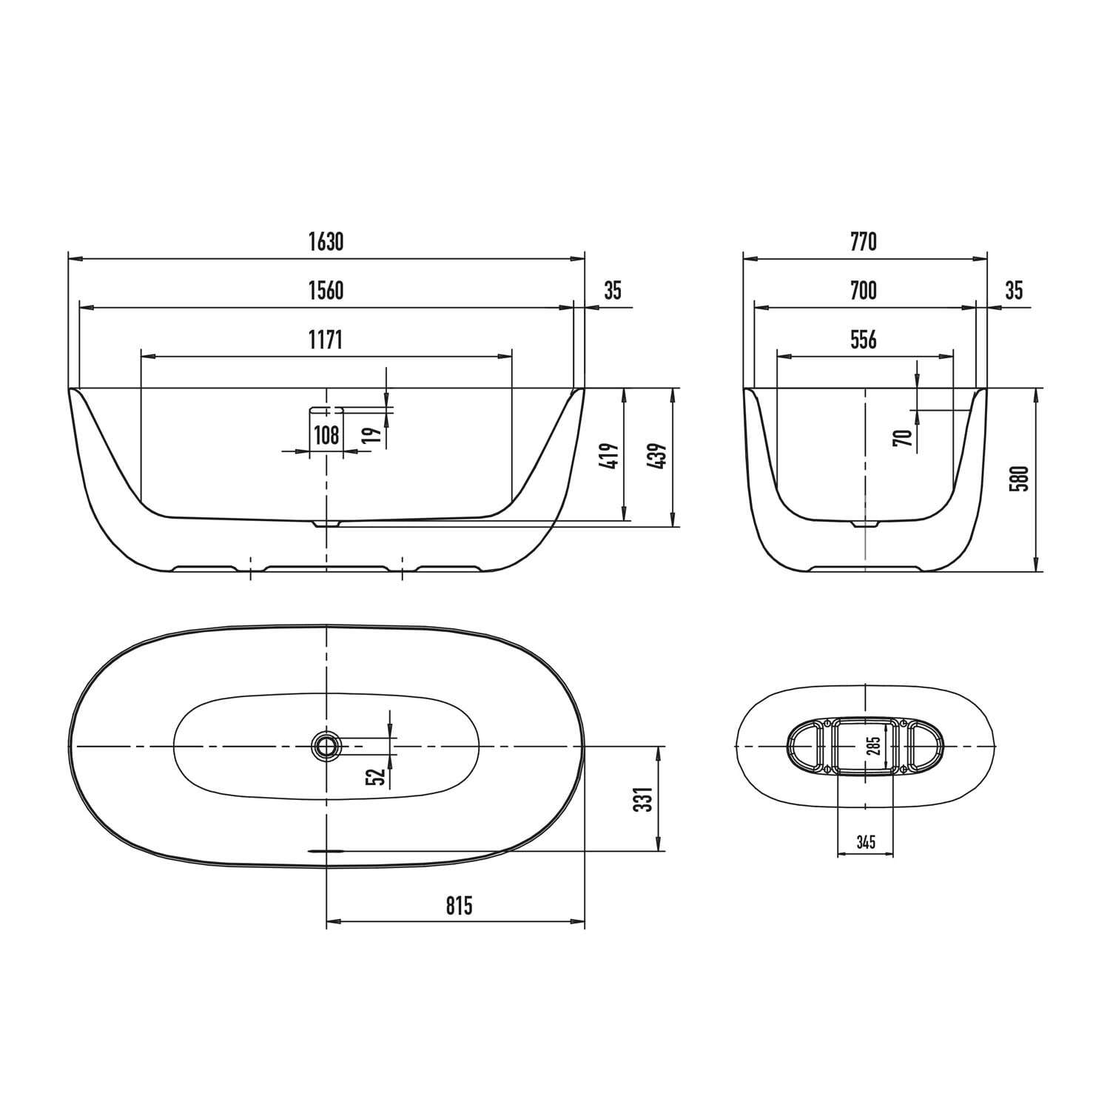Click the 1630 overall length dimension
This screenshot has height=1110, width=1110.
coord(326,242)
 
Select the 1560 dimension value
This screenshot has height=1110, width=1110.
coord(326,291)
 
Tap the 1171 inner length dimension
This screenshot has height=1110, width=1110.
coord(326,340)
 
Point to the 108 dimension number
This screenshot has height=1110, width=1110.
coord(326,434)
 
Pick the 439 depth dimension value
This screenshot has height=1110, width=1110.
coord(657,458)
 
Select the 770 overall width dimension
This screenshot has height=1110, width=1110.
coord(864,242)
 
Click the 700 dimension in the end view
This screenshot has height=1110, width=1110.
coord(864,291)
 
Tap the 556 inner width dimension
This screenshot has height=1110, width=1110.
coord(864,340)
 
